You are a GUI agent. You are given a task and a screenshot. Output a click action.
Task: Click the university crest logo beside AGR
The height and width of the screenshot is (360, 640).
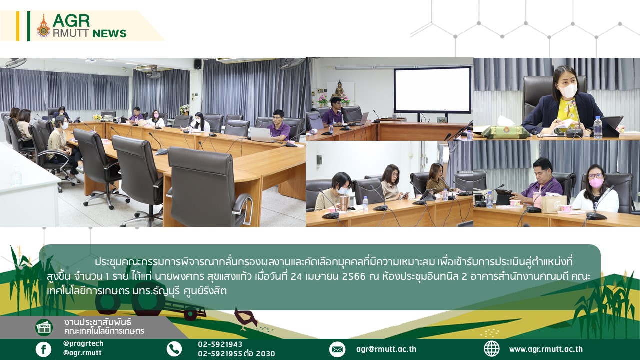click(x=43, y=26)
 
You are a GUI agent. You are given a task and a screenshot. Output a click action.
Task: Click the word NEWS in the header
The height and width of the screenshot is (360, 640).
click(x=109, y=33)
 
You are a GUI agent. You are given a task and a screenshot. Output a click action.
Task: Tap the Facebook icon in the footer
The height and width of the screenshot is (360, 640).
click(x=43, y=349)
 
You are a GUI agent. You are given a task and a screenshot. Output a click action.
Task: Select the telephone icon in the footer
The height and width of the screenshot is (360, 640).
click(x=174, y=349)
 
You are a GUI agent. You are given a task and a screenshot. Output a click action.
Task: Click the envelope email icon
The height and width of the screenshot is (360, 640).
click(x=337, y=349)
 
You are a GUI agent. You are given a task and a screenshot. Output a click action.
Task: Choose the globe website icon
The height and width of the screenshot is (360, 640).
click(x=492, y=349)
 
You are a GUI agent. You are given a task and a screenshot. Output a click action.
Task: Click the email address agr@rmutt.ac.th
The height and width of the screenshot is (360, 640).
click(x=386, y=349)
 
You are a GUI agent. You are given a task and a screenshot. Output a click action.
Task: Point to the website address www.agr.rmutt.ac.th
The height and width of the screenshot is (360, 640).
click(x=546, y=349)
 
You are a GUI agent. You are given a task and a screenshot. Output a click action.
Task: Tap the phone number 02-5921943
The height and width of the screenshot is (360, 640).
click(x=220, y=344)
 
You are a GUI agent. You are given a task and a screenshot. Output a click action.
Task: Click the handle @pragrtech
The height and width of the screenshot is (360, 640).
click(x=83, y=343)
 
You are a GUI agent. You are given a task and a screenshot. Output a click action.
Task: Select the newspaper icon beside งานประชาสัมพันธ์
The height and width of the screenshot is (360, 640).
click(x=44, y=327)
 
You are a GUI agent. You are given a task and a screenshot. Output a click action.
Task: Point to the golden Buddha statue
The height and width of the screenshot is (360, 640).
click(x=339, y=88)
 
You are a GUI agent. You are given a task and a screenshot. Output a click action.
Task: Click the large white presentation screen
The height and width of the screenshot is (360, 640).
click(x=432, y=90)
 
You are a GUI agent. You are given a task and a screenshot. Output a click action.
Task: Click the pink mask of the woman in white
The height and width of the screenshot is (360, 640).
click(x=596, y=183)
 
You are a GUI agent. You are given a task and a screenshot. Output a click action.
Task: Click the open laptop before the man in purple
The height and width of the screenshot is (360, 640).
click(x=262, y=135)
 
